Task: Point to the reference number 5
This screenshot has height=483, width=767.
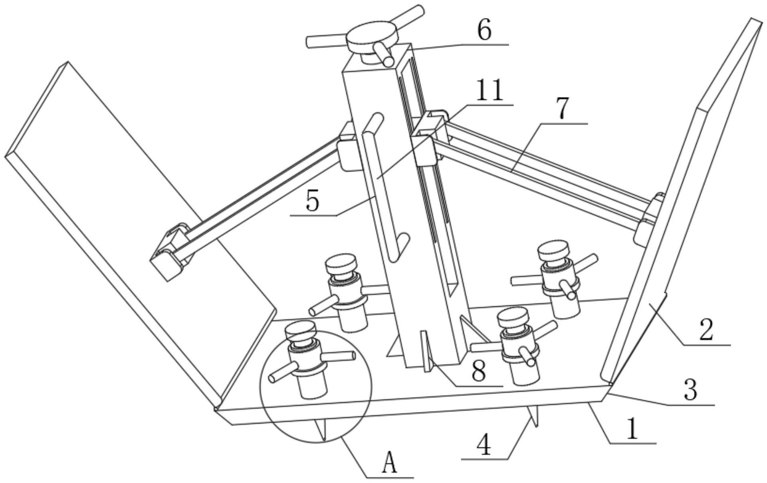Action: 313,201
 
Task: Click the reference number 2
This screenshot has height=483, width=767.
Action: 706,330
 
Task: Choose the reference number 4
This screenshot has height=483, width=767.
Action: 484,445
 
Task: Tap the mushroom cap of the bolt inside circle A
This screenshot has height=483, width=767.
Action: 300,331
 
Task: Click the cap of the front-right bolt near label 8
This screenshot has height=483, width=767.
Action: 513,318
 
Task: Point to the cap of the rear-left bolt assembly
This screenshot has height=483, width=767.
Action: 341,263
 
